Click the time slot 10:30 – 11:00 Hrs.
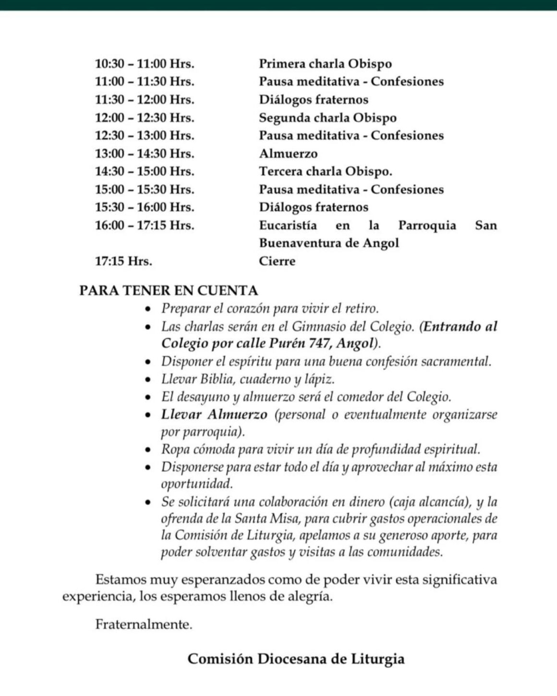tap(145, 64)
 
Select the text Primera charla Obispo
tap(325, 64)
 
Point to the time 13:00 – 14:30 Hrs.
tap(145, 154)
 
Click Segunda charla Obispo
tap(327, 118)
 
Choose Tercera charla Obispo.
tap(326, 171)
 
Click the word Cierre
tap(277, 261)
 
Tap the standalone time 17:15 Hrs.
tap(123, 261)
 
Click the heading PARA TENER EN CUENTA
tap(169, 290)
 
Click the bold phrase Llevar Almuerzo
tap(214, 414)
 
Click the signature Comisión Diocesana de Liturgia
tap(296, 659)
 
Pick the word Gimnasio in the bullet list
tap(316, 326)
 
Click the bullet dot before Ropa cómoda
tap(149, 450)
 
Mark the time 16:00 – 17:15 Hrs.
tap(145, 225)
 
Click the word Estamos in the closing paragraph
tap(121, 579)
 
